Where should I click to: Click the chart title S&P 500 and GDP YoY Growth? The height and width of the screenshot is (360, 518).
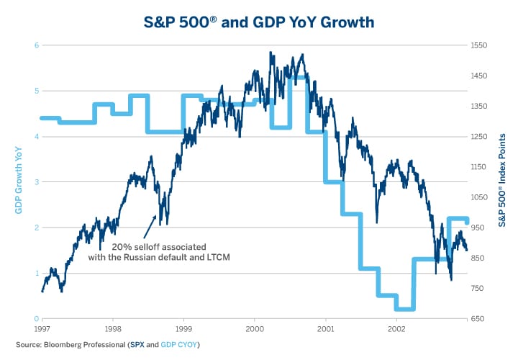pyautogui.click(x=259, y=22)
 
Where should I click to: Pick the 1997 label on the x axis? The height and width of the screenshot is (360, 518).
pyautogui.click(x=42, y=328)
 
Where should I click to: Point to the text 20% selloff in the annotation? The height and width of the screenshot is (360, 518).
pyautogui.click(x=134, y=246)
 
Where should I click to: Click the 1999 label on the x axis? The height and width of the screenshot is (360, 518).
pyautogui.click(x=183, y=328)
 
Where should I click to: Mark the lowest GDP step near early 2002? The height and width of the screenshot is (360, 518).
pyautogui.click(x=405, y=309)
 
